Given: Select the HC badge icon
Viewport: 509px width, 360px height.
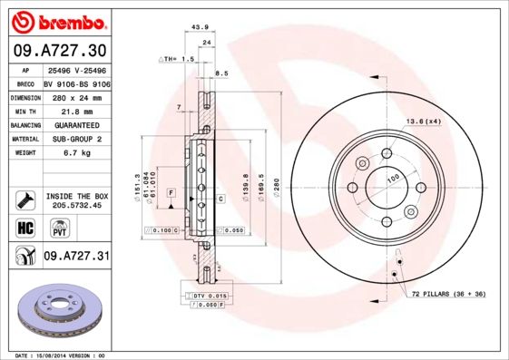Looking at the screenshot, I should (25, 227).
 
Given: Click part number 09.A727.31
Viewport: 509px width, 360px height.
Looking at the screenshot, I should (76, 257).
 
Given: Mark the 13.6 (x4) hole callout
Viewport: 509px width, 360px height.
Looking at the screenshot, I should (424, 122).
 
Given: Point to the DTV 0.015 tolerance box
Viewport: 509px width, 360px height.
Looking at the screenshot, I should (208, 296).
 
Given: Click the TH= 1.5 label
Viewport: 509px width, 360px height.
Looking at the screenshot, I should (178, 59).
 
